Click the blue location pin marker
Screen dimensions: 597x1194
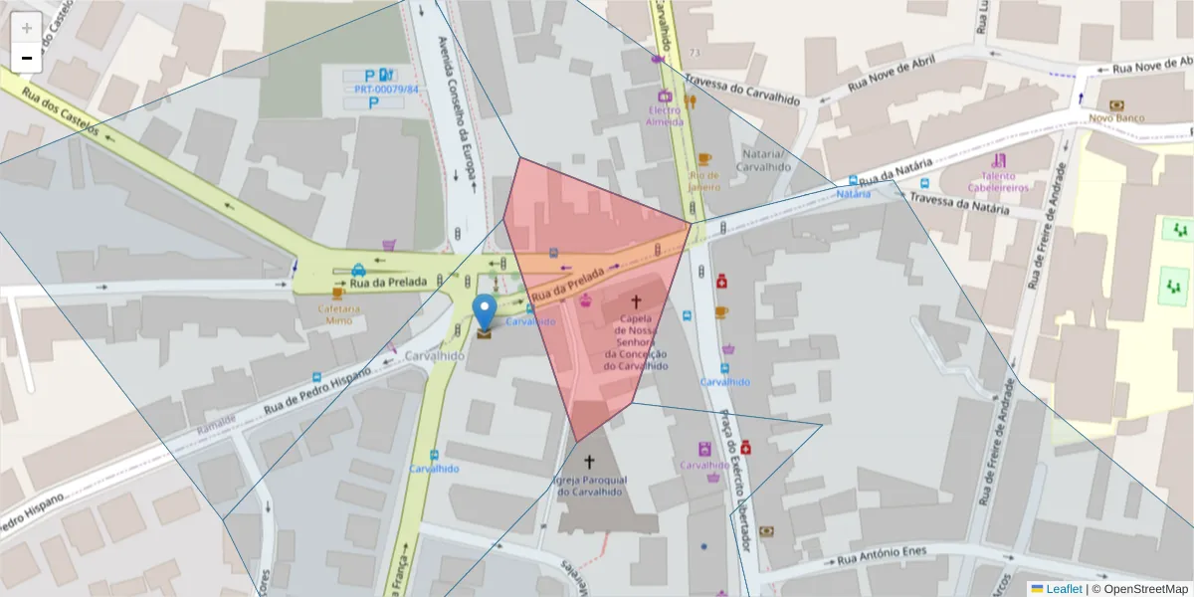point(485,310)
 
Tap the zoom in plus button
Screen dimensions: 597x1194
point(27,27)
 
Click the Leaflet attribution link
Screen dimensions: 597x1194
point(1063,588)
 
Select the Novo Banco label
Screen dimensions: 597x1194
point(1116,117)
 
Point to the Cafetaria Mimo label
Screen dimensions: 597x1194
point(335,314)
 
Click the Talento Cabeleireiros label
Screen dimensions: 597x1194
point(998,180)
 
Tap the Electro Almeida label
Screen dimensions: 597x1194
point(665,115)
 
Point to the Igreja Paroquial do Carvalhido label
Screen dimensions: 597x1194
point(589,486)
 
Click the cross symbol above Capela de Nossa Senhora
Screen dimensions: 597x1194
point(637,299)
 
